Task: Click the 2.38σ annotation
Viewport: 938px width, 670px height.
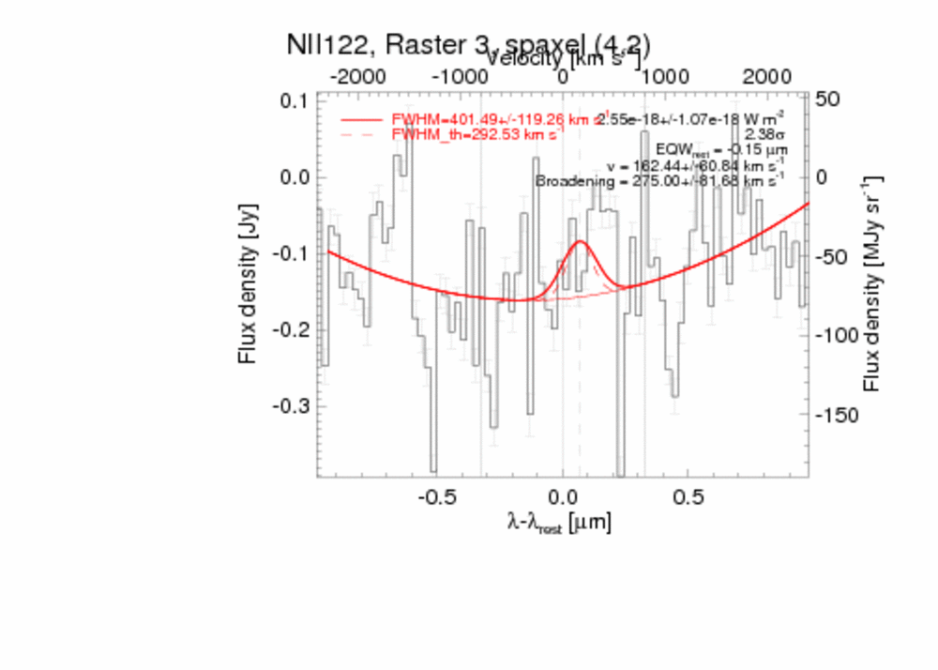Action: click(x=764, y=134)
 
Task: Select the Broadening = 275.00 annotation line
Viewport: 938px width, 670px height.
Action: click(x=660, y=180)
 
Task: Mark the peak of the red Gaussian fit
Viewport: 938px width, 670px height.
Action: click(x=581, y=242)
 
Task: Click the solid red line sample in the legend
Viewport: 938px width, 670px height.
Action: click(x=362, y=120)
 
